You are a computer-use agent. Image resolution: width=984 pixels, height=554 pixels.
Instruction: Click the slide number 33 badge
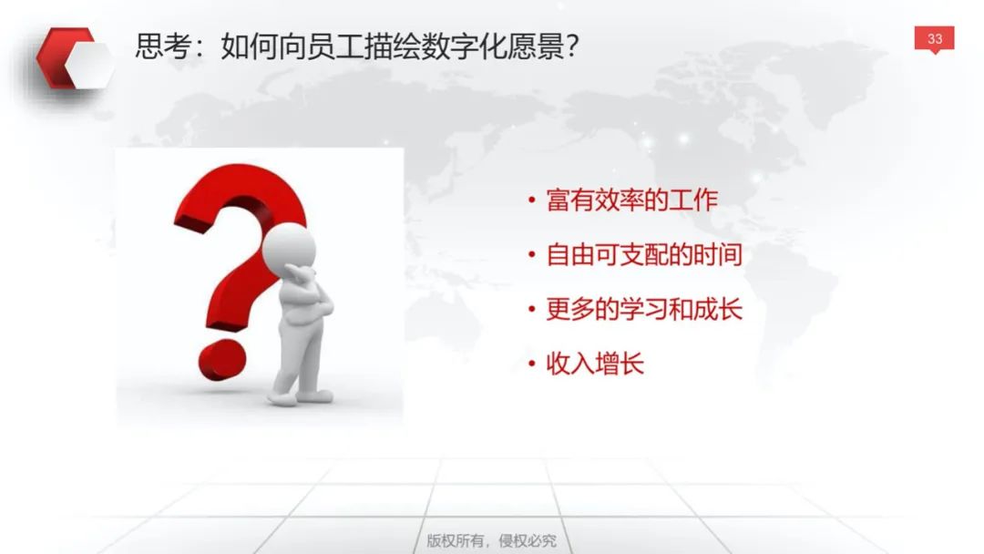[934, 39]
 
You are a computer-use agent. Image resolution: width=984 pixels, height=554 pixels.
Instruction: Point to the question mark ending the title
[571, 46]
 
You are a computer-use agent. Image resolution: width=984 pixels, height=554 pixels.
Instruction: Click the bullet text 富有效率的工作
[631, 200]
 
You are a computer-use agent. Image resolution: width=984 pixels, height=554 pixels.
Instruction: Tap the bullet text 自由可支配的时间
[644, 255]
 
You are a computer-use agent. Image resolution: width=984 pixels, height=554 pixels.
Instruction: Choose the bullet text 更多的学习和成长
[644, 309]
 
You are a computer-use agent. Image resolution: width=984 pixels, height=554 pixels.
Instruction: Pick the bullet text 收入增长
[595, 364]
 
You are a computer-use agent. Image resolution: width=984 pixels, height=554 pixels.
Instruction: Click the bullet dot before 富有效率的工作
[531, 200]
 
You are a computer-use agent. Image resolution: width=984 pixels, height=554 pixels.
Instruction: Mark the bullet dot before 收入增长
[531, 364]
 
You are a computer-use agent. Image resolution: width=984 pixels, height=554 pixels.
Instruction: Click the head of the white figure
[289, 247]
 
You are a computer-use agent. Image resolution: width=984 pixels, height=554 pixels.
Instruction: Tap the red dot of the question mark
[221, 360]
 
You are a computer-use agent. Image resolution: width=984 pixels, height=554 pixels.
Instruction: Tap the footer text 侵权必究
[528, 541]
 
